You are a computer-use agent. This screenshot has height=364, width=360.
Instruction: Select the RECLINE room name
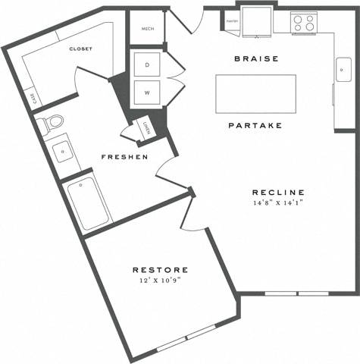pos(279,192)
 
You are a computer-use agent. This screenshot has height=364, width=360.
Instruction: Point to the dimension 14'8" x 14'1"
pos(279,204)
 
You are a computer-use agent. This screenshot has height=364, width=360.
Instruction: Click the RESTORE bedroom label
pos(161,269)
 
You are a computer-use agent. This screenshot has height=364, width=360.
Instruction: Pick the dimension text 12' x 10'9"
pos(161,281)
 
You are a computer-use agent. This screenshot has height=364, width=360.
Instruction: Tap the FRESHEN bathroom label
pos(125,157)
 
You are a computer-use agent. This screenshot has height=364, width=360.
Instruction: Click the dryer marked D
pos(148,65)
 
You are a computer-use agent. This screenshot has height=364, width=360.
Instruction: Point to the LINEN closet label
pos(146,127)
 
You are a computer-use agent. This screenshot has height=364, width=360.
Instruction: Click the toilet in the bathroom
pos(50,122)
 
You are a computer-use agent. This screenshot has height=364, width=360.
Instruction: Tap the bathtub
pos(89,202)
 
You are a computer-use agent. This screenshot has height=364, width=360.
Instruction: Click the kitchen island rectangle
pos(256,93)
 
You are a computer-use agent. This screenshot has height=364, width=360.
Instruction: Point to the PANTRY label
pos(231,22)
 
